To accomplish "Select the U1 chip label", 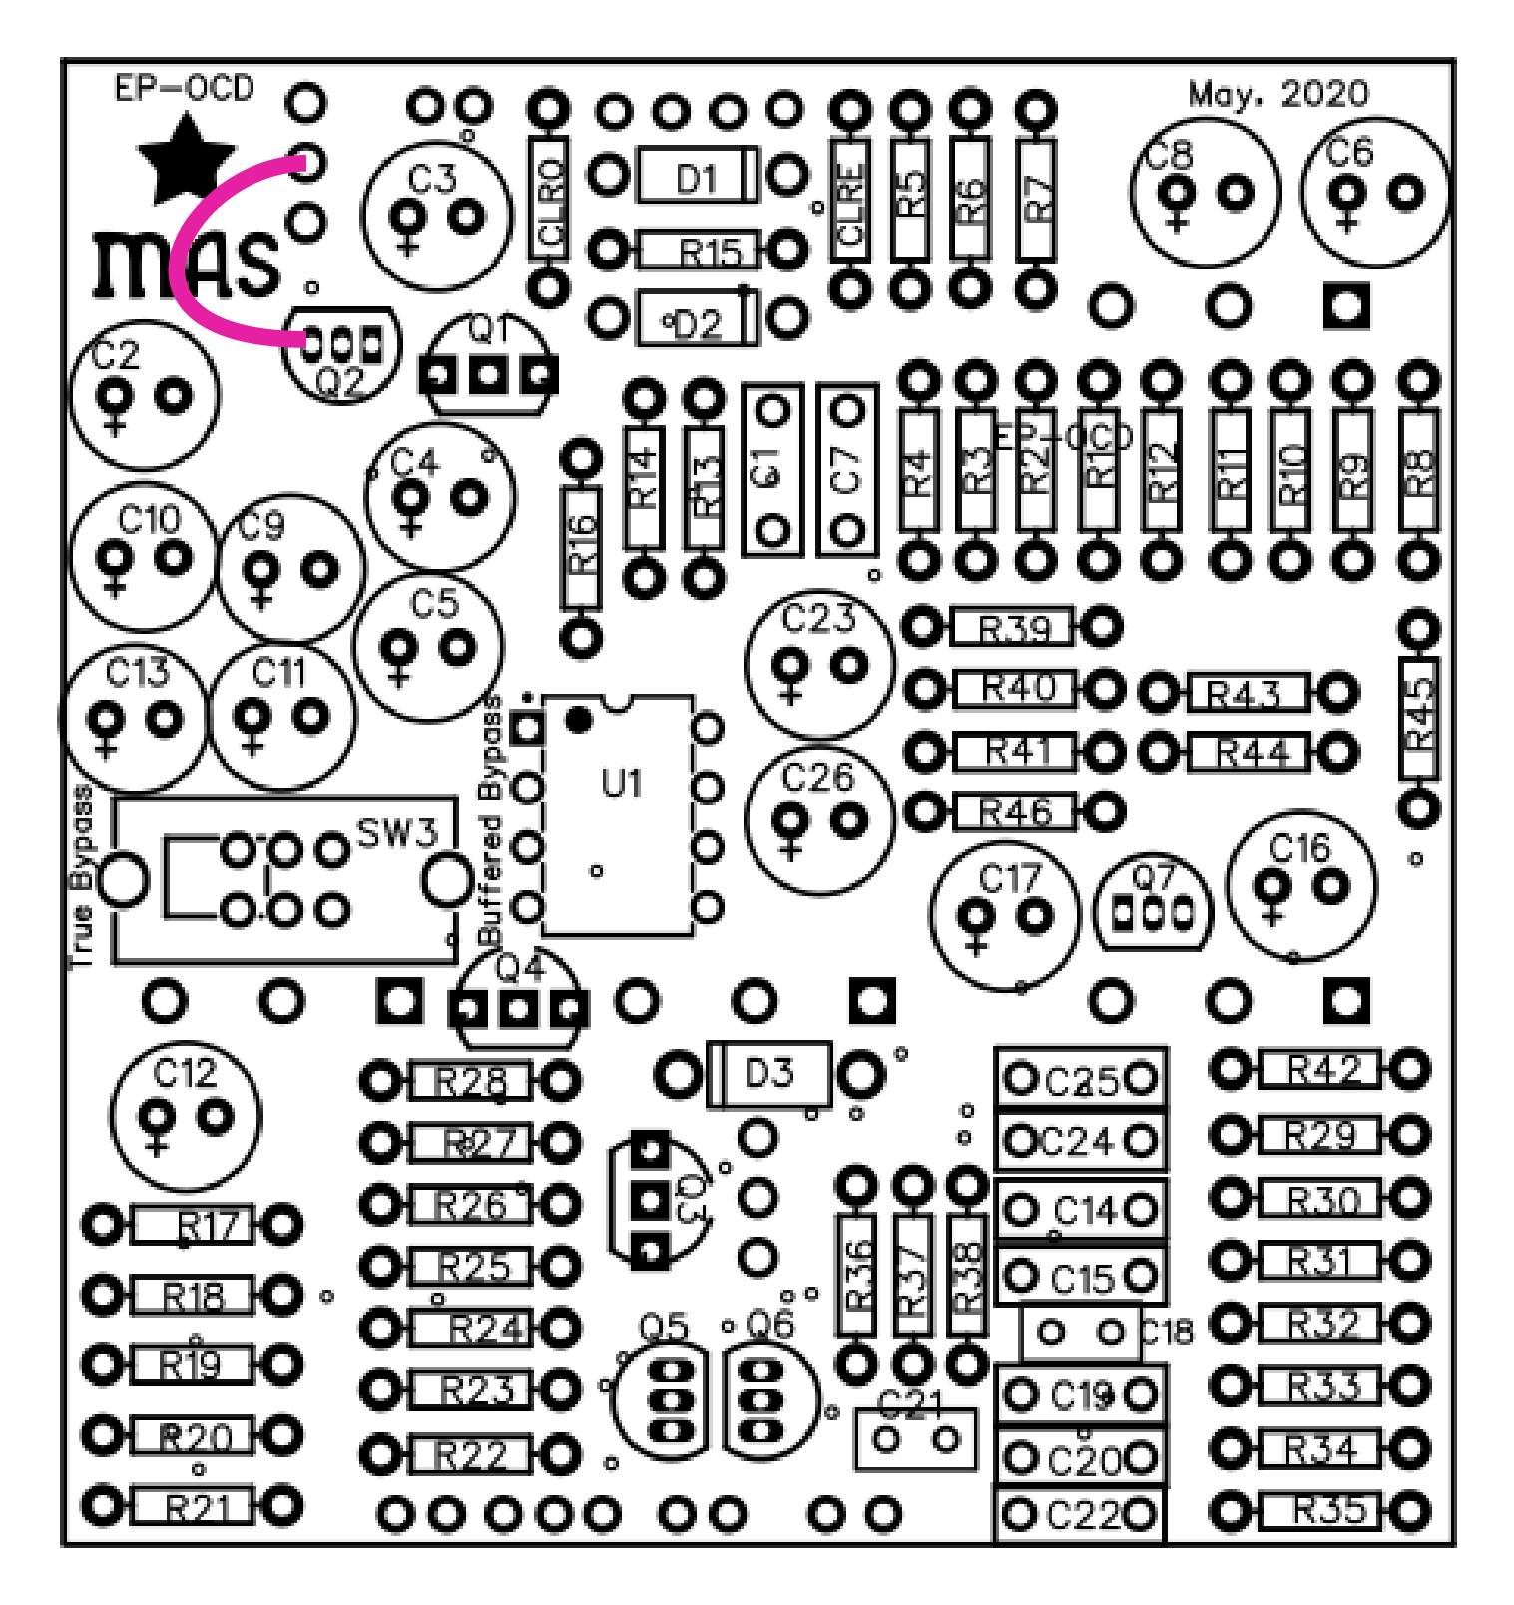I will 621,784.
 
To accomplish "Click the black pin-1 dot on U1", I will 578,719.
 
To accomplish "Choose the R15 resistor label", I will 710,253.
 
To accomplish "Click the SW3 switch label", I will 397,832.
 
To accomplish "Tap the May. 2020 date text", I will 1277,94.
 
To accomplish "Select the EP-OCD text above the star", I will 184,88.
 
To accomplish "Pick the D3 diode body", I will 768,1074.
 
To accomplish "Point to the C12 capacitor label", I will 185,1073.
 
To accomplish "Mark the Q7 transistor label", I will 1153,877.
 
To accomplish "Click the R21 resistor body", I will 194,1506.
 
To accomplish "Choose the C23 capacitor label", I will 818,619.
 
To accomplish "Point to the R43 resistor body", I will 1248,693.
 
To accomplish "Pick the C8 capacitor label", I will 1169,156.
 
